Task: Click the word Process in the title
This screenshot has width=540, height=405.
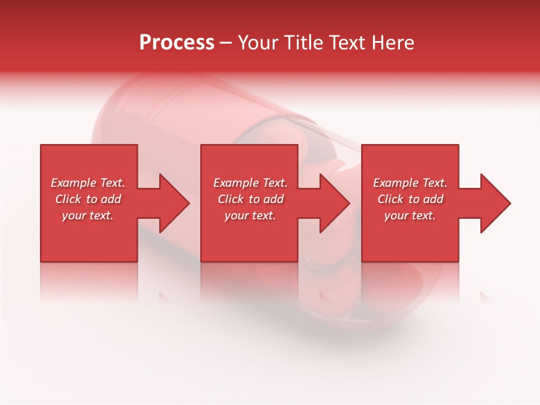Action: (177, 43)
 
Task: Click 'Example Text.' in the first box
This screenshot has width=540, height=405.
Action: (88, 183)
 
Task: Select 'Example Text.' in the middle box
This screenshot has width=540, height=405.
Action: (250, 183)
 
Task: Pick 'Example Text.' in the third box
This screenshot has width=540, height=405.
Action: (410, 183)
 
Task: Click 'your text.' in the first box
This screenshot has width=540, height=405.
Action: (88, 215)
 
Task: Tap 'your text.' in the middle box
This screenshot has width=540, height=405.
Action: (250, 215)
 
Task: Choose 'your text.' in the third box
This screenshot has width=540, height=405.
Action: (410, 215)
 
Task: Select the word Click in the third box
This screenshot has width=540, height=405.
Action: (391, 199)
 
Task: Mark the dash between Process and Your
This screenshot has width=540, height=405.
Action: (226, 43)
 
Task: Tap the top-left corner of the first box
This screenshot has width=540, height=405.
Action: (41, 145)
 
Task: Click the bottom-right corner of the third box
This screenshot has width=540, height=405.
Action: (458, 261)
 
